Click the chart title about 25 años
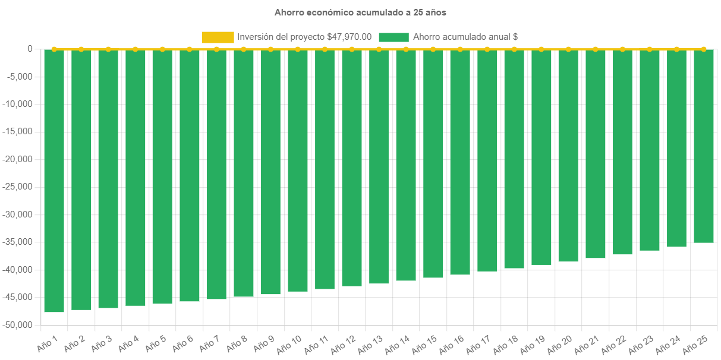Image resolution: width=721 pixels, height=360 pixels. tap(360, 12)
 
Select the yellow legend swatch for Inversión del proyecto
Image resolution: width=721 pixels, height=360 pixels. tap(218, 37)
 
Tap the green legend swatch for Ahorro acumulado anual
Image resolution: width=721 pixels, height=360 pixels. tap(393, 37)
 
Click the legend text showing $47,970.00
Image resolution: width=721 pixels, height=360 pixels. tap(304, 37)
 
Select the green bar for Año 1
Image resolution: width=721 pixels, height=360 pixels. tap(54, 178)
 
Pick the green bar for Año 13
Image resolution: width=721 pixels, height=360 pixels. tap(379, 166)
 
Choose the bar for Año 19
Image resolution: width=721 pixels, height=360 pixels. tap(541, 157)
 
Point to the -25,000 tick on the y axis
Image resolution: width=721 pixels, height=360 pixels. tap(21, 187)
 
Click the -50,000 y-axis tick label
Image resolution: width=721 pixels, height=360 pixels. tap(21, 326)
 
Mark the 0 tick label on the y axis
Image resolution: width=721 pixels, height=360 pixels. tap(30, 49)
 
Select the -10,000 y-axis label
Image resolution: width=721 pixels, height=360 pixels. tap(21, 104)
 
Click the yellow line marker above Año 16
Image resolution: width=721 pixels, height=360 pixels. tap(460, 49)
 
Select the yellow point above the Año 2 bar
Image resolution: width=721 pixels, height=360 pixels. tap(81, 49)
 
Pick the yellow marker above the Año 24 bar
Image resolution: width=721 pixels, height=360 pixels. tap(676, 49)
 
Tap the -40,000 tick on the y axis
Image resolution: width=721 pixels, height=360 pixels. tap(21, 270)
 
